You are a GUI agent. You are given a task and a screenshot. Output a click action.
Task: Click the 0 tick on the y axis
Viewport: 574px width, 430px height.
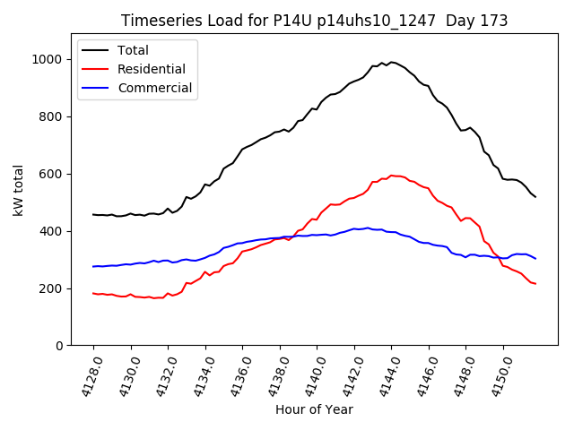point(59,346)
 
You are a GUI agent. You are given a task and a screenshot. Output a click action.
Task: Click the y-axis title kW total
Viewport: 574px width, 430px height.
point(18,190)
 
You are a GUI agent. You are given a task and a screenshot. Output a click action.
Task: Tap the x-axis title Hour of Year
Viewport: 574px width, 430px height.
point(314,409)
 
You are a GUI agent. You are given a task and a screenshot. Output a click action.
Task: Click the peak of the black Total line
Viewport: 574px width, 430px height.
point(391,62)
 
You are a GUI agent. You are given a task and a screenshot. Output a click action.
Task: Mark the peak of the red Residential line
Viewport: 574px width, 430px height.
point(391,176)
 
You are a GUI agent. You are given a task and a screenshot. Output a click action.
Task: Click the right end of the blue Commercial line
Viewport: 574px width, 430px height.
point(535,259)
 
